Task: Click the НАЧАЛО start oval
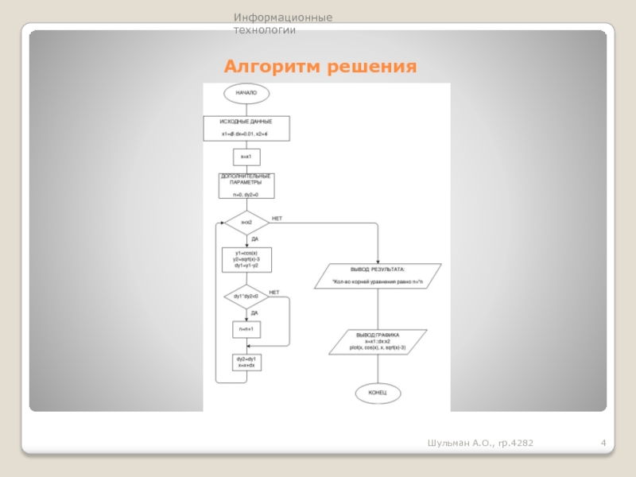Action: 246,94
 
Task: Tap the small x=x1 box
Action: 246,157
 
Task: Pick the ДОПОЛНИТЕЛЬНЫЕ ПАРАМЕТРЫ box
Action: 246,185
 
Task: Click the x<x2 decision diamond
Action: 246,222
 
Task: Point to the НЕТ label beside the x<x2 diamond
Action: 277,218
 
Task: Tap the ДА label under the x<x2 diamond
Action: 254,238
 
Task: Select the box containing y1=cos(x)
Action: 246,258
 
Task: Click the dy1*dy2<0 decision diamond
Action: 246,297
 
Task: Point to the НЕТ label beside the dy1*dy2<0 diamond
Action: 274,293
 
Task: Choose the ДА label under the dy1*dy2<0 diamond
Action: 254,313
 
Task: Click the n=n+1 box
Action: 246,328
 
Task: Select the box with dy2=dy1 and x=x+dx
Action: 246,363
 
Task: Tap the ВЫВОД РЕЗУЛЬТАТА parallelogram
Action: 378,276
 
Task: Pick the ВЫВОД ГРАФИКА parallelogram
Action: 378,342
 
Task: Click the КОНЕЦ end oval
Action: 378,394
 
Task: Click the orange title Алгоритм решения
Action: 320,66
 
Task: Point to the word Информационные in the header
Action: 282,17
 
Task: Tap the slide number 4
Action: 604,442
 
